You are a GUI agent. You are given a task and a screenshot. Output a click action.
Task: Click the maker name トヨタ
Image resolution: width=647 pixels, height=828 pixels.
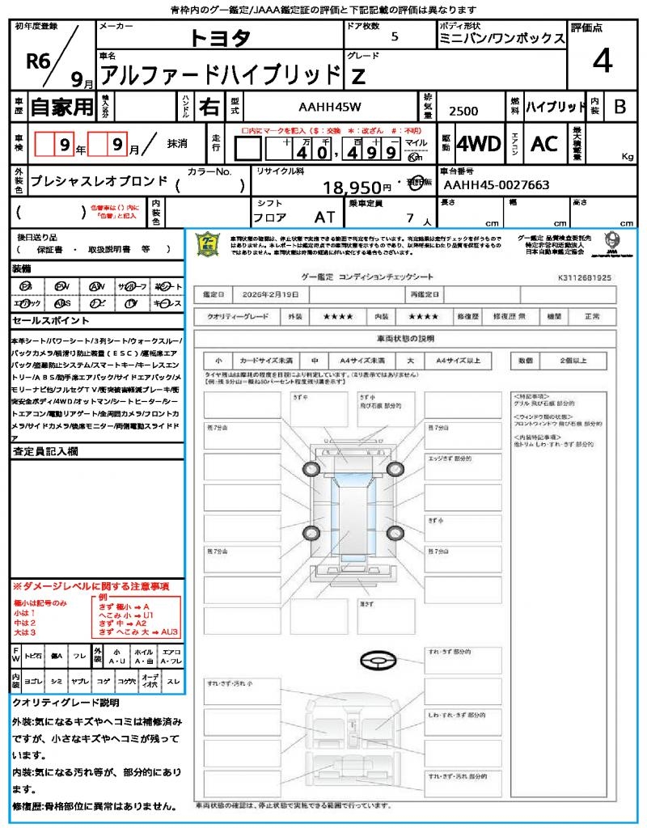[220, 37]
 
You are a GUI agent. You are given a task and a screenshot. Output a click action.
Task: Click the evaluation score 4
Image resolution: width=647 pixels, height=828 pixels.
[602, 61]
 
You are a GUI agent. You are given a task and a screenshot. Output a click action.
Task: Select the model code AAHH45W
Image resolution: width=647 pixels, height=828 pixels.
[330, 106]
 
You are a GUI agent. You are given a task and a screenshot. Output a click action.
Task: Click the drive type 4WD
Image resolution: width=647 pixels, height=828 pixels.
[479, 144]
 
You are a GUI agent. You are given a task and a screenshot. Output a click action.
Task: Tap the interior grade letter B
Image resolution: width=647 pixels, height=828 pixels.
[620, 106]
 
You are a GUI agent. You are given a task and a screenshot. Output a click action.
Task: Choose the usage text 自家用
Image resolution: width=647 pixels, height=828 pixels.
[61, 106]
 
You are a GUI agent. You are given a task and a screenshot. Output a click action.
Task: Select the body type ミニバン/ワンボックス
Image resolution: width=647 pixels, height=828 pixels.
[501, 38]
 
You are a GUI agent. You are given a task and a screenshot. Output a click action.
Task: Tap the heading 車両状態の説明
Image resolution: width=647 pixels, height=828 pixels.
[404, 337]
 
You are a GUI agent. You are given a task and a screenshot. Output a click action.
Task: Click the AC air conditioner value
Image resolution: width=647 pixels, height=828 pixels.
[544, 144]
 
